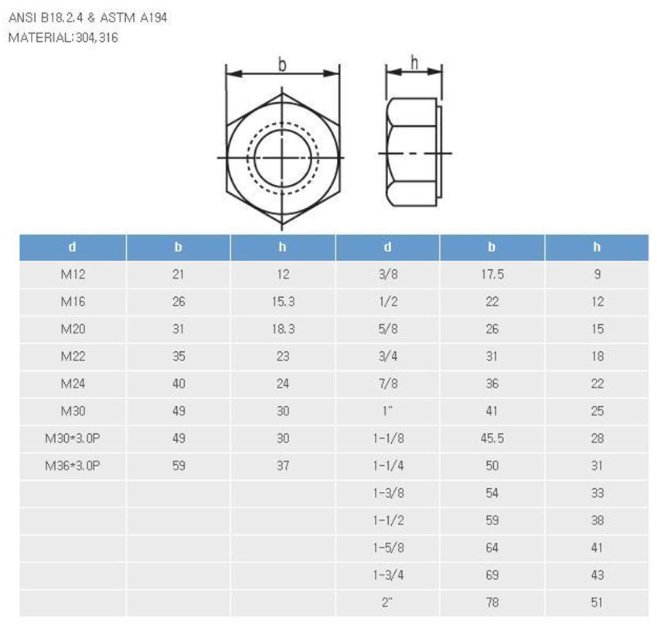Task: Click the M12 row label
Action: coord(73,275)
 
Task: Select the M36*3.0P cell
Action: coord(73,466)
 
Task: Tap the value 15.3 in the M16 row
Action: coord(283,302)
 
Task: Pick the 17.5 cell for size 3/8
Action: coord(492,275)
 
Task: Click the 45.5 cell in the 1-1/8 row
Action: coord(492,439)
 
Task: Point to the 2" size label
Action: coord(387,602)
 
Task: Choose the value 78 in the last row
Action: coord(492,602)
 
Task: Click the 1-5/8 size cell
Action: coord(389,548)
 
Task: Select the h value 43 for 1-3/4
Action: coord(597,575)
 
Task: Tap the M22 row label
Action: coord(73,357)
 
